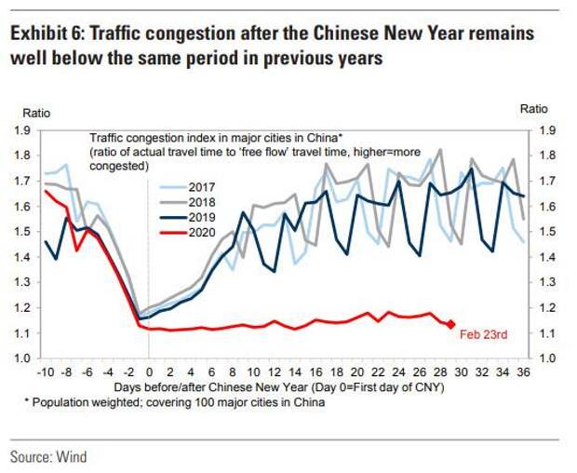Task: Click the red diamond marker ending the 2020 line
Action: coord(451,324)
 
